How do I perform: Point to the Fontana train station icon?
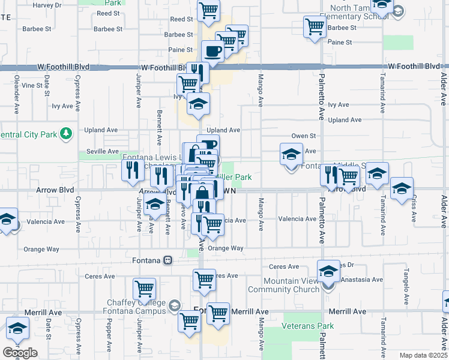point(168,260)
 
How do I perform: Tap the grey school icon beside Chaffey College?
point(174,305)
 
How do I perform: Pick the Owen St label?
point(304,136)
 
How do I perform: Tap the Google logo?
point(20,353)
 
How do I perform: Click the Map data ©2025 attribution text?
point(423,355)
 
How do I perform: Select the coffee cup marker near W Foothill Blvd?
point(212,52)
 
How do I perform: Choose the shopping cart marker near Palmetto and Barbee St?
point(315,26)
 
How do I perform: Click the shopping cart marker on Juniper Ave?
point(144,289)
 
